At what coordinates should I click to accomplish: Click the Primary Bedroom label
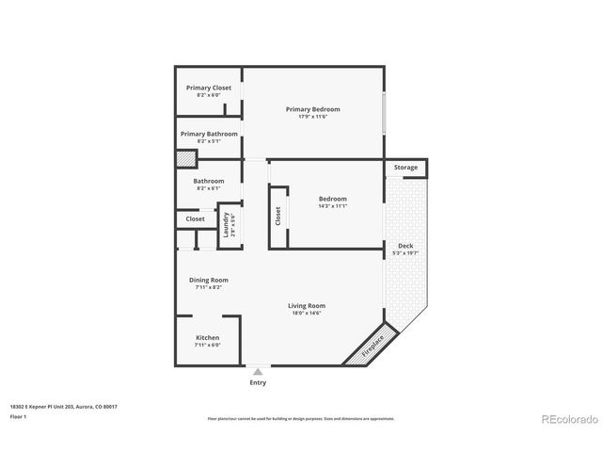point(312,109)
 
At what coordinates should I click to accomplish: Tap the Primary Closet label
point(208,88)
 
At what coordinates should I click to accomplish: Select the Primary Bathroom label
point(209,134)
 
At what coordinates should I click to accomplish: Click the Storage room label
point(405,168)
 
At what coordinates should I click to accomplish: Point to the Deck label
point(405,246)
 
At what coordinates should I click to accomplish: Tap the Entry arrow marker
point(258,372)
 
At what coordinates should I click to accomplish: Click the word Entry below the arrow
point(258,382)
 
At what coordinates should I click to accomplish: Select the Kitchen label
point(208,337)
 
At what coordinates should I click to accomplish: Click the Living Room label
point(307,305)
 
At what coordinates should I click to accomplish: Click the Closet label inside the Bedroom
point(278,217)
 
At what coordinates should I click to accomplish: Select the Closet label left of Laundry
point(195,218)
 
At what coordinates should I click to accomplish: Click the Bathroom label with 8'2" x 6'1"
point(209,181)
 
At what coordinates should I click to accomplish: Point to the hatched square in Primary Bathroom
point(185,159)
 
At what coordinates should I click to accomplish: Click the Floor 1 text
point(19,415)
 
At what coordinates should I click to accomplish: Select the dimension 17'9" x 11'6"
point(312,117)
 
